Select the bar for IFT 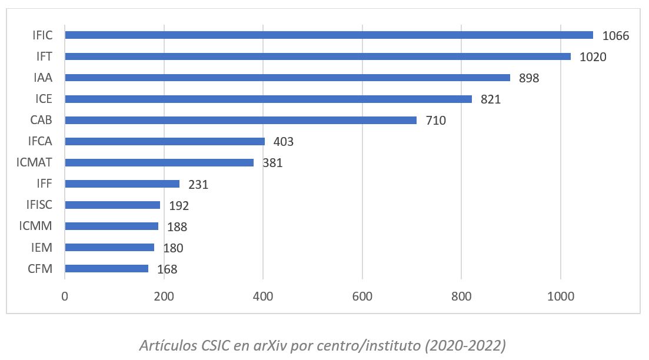click(x=318, y=56)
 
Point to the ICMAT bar click(x=159, y=163)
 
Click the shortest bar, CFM click(x=106, y=269)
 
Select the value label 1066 click(x=615, y=36)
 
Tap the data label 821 click(x=490, y=99)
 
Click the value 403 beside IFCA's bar click(x=283, y=142)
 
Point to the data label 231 click(x=198, y=185)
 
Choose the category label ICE click(x=44, y=99)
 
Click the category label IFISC click(x=39, y=205)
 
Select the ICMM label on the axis click(x=36, y=226)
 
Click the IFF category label click(x=44, y=184)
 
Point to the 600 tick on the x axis click(x=362, y=296)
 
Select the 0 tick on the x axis click(x=65, y=296)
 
